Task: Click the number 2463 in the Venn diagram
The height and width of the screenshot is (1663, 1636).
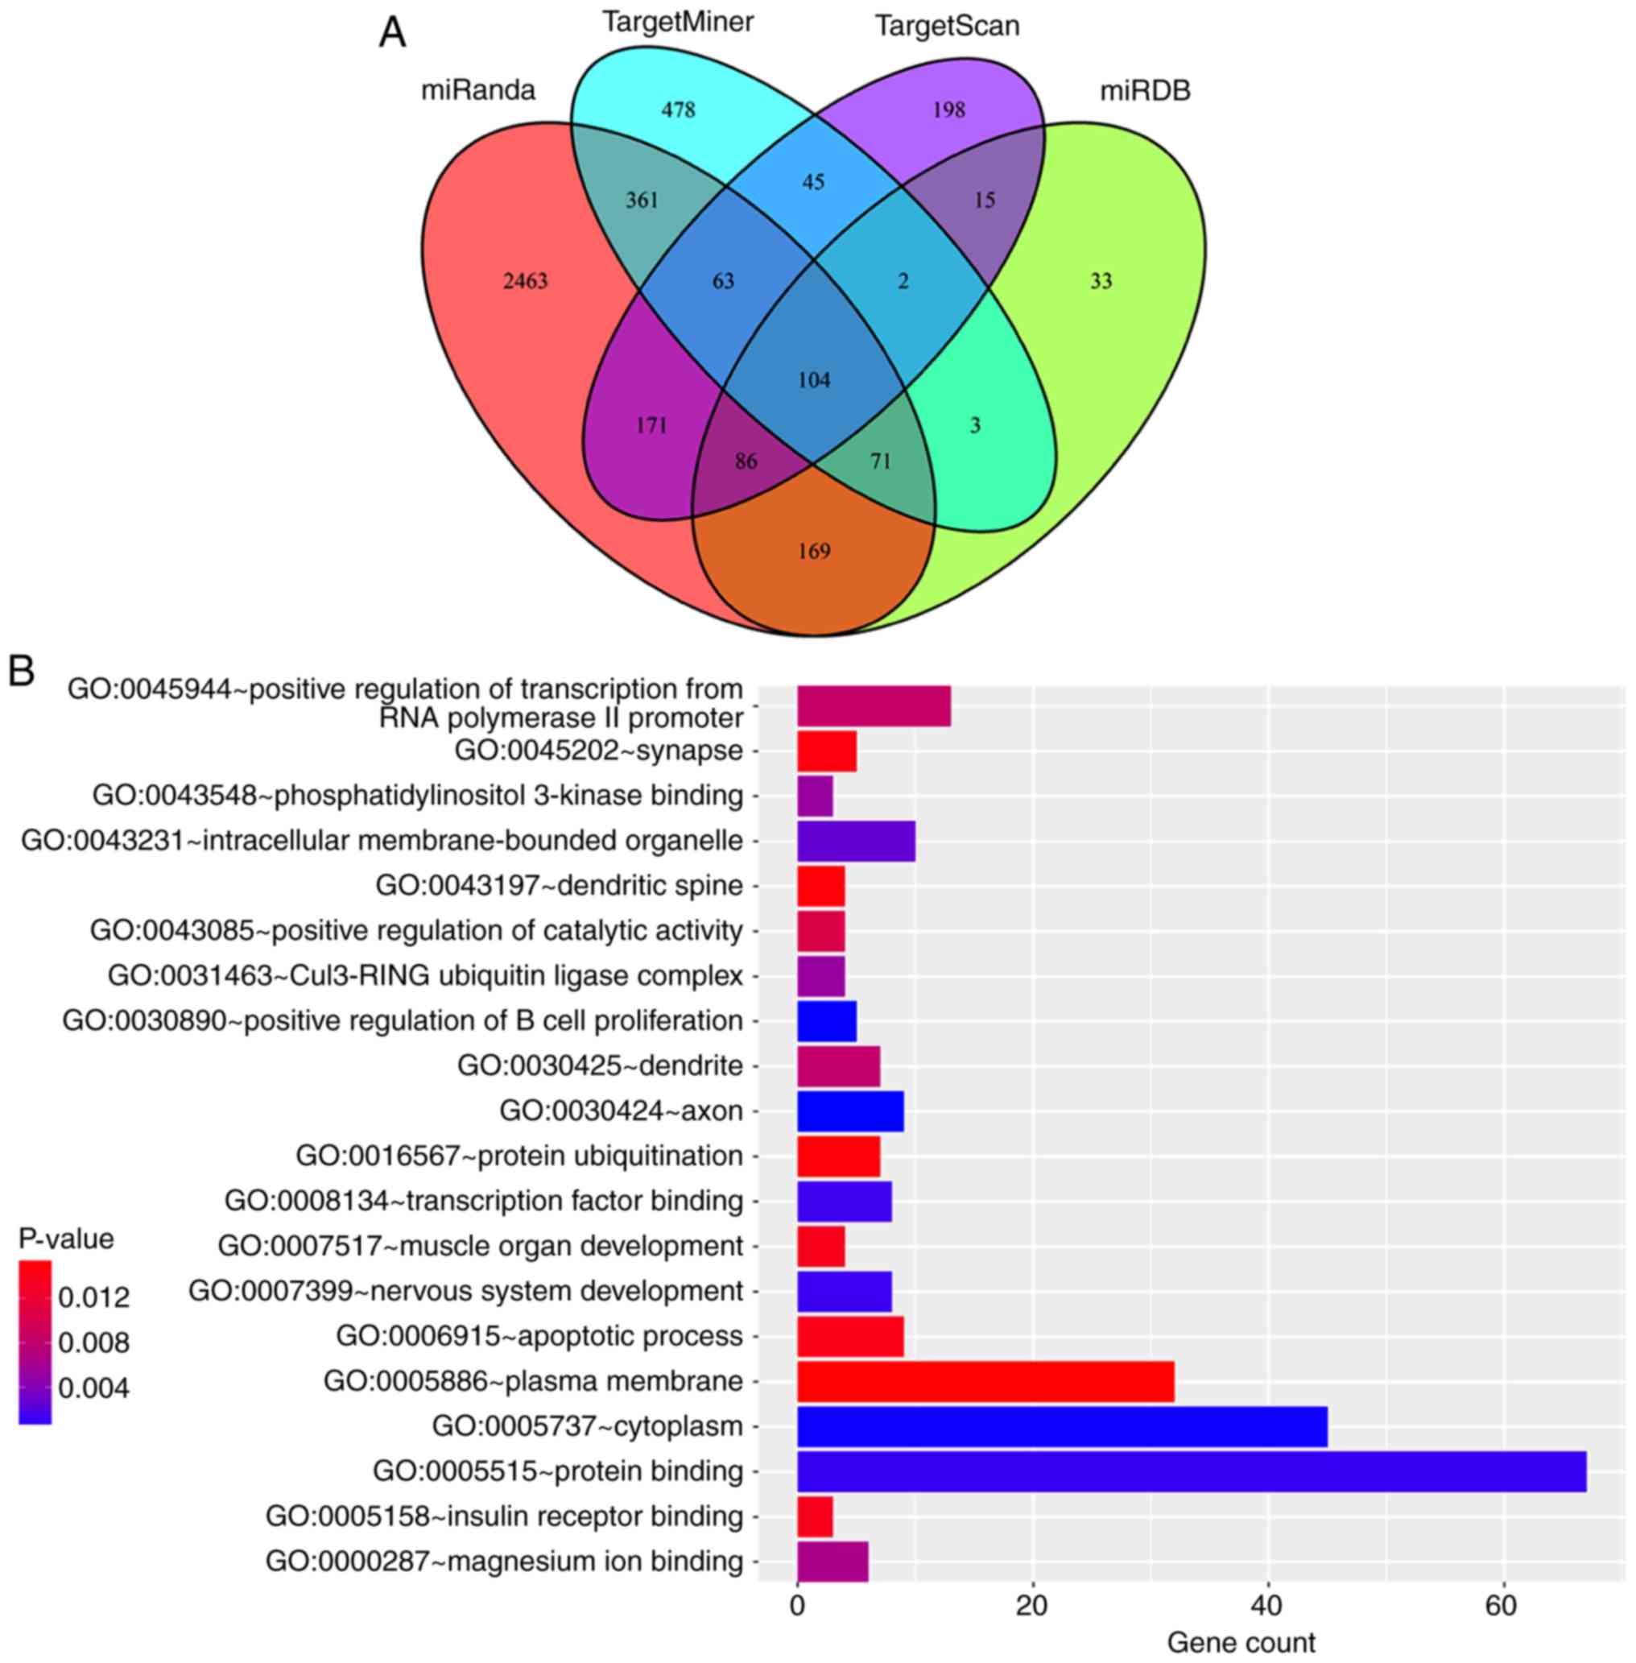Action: tap(525, 281)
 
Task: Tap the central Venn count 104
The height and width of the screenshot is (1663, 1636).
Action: tap(814, 380)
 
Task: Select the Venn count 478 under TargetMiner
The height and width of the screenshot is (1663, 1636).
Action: tap(678, 110)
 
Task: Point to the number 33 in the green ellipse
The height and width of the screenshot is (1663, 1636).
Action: tap(1101, 281)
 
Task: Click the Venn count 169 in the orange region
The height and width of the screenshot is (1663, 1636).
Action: tap(814, 551)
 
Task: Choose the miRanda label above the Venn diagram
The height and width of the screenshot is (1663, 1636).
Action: tap(477, 89)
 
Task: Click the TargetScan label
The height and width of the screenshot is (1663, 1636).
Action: tap(947, 26)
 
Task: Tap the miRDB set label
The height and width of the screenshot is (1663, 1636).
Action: tap(1146, 90)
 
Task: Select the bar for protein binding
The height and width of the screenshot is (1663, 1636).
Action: tap(1191, 1471)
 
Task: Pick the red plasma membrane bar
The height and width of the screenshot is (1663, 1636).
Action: tap(985, 1381)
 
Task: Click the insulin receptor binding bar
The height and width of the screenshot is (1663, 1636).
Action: tap(815, 1516)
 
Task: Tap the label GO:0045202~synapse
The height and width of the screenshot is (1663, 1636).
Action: tap(598, 751)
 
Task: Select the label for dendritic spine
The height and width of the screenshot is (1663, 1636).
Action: tap(559, 885)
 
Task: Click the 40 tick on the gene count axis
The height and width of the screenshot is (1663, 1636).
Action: tap(1267, 1605)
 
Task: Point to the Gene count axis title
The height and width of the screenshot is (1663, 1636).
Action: tap(1241, 1642)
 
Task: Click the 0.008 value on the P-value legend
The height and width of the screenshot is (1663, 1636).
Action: tap(93, 1342)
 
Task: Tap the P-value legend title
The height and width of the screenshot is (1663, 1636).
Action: tap(66, 1239)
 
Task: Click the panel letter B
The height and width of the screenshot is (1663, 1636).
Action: tap(22, 671)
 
